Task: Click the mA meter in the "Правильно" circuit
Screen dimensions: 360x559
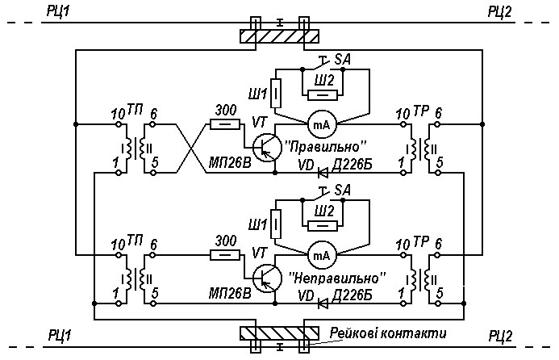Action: tap(321, 124)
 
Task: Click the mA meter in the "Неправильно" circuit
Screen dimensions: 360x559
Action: tap(321, 255)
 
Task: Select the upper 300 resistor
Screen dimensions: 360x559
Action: tap(225, 124)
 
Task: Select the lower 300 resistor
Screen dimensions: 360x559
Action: tap(225, 255)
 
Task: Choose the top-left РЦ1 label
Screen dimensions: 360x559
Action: tap(59, 10)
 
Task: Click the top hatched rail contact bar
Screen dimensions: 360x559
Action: tap(279, 36)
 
